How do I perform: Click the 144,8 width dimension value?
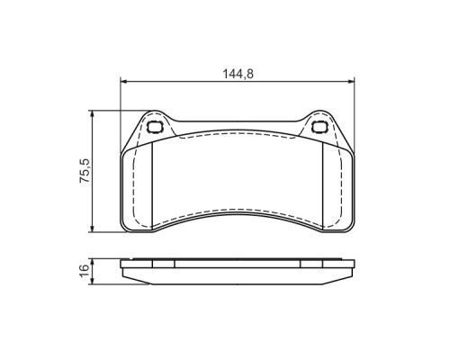point(238,74)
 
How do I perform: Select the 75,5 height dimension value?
point(85,171)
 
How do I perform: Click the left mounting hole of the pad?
point(155,127)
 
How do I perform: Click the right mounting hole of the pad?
point(319,127)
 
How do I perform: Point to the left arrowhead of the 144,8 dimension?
point(124,81)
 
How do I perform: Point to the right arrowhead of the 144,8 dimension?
point(351,81)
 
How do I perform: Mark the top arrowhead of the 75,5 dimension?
point(93,114)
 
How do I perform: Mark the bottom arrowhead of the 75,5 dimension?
point(93,228)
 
